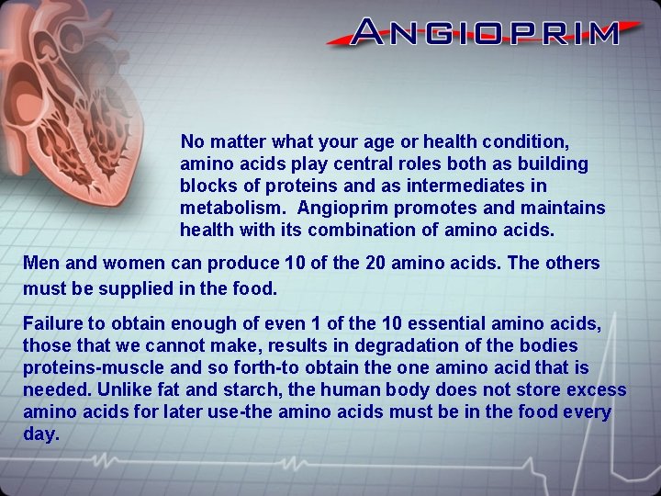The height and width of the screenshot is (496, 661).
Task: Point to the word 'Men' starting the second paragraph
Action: click(x=41, y=264)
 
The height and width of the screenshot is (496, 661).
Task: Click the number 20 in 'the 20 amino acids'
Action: click(x=375, y=264)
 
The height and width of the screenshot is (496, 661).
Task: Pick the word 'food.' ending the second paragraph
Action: click(x=256, y=288)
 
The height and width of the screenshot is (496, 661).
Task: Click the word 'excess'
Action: click(x=595, y=390)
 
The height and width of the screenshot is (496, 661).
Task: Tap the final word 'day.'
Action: click(x=41, y=434)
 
